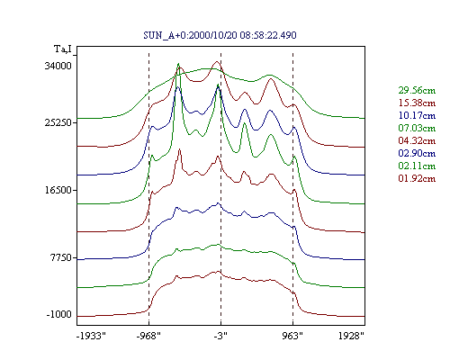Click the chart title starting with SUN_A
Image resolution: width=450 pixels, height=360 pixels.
coord(220,35)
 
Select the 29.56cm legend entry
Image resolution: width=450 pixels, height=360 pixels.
coord(417,90)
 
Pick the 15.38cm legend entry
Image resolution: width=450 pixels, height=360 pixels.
coord(417,103)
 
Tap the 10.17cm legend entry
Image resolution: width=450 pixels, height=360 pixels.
coord(417,115)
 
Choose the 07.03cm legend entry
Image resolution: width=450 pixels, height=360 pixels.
coord(417,128)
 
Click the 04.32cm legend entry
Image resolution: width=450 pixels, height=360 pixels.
coord(417,140)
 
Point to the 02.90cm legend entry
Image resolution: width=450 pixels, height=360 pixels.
coord(417,153)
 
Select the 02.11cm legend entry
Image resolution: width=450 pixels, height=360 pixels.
coord(417,166)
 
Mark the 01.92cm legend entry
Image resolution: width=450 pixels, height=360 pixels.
coord(417,178)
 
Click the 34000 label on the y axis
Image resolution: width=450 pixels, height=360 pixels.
coord(58,66)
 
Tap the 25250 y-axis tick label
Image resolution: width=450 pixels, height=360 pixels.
coord(58,122)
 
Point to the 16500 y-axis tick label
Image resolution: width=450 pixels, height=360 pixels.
coord(58,190)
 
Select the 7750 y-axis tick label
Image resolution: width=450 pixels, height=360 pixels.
coord(61,257)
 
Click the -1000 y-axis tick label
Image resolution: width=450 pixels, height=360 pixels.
coord(59,314)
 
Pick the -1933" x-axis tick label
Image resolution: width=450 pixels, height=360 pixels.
coord(91,336)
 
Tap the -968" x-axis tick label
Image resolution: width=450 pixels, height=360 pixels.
coord(148,336)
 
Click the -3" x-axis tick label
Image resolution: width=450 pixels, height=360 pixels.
coord(220,336)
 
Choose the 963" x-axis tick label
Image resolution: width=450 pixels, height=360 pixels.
coord(292,336)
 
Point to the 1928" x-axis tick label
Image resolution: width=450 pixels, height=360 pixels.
coord(351,336)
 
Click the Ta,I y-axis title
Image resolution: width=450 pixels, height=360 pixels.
coord(63,49)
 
